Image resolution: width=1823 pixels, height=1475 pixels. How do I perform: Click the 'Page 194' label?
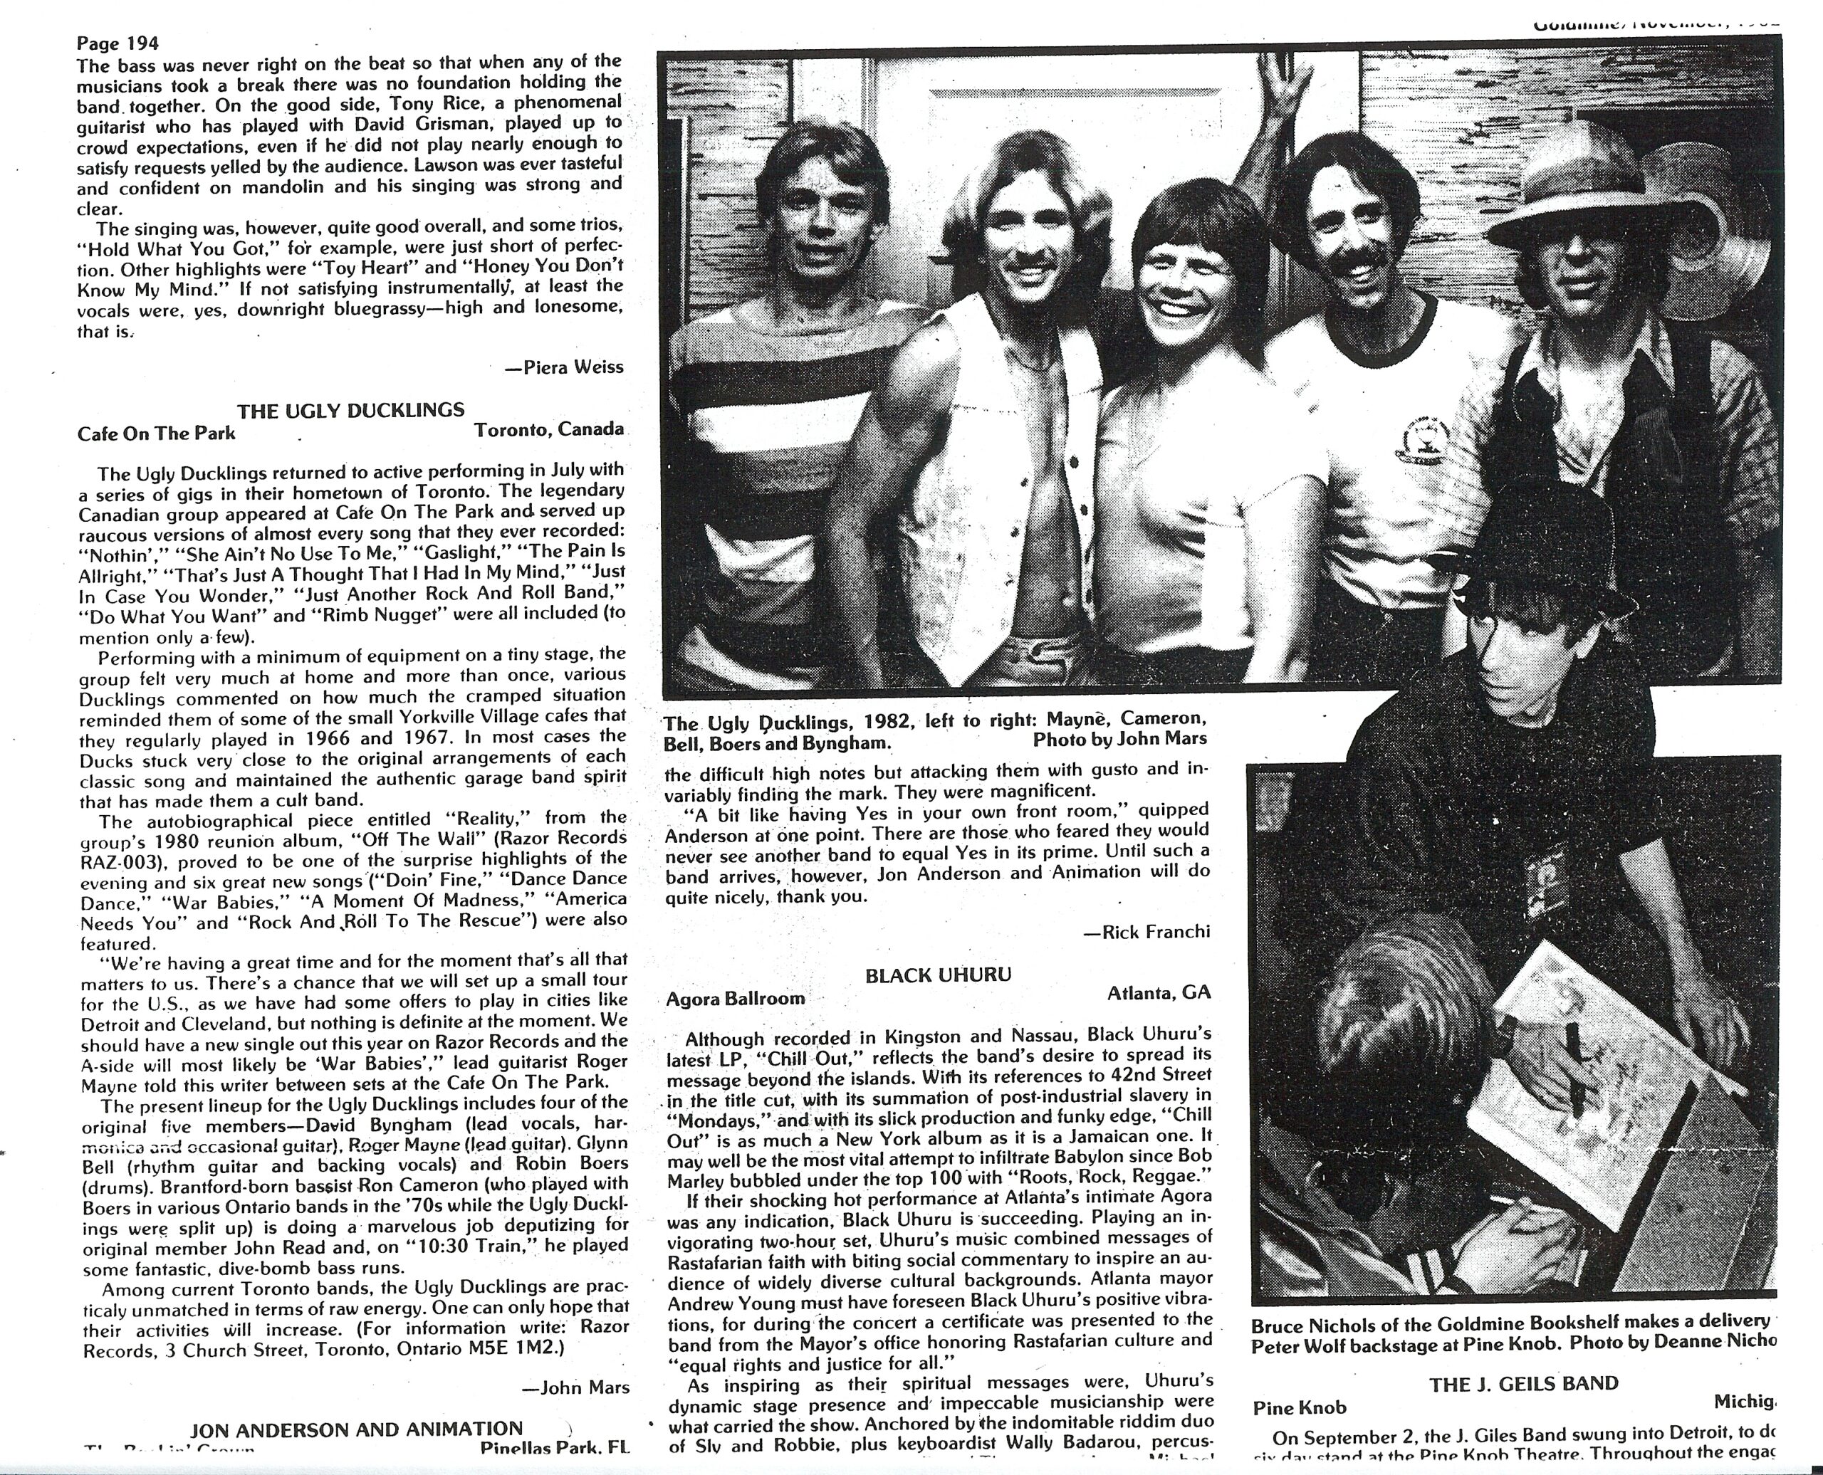[x=117, y=43]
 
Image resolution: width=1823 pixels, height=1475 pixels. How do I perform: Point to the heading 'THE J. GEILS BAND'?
[x=1523, y=1384]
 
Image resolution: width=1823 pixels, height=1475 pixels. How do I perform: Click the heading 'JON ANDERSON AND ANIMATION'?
[x=356, y=1429]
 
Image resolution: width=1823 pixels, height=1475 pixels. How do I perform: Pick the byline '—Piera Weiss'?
[x=563, y=367]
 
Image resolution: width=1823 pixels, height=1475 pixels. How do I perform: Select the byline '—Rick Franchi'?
[x=1146, y=931]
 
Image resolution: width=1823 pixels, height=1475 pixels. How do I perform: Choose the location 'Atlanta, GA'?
[x=1159, y=992]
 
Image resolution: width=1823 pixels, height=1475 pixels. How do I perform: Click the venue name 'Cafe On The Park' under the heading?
[x=157, y=434]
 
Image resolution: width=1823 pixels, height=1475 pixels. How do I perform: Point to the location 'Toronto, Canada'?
[x=549, y=429]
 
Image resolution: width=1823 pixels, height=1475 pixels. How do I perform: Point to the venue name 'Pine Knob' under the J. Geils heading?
[x=1300, y=1408]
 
